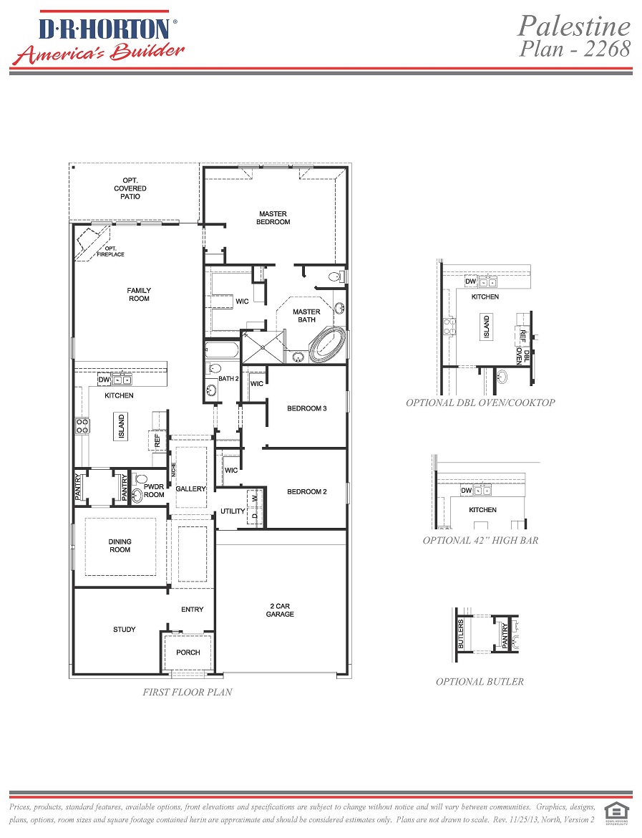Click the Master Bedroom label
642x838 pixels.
(x=273, y=218)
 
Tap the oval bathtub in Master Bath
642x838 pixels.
(x=327, y=345)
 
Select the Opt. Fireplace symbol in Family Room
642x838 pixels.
(x=94, y=243)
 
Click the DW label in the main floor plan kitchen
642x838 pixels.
(x=104, y=381)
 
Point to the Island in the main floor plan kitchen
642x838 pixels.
(x=121, y=427)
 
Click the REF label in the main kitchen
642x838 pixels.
(x=157, y=440)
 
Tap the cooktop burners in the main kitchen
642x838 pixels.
(x=83, y=426)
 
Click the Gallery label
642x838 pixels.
(x=190, y=488)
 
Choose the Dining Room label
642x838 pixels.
(x=120, y=546)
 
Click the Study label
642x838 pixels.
(x=124, y=630)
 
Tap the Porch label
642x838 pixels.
(x=188, y=652)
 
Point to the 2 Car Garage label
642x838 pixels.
(x=280, y=610)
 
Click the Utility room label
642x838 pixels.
(x=233, y=511)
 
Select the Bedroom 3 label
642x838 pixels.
(x=306, y=408)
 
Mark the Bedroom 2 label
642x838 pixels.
(x=306, y=491)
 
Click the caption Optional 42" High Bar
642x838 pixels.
(x=480, y=540)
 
